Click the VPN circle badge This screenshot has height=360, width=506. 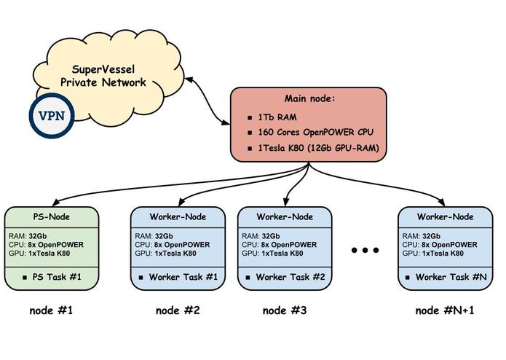pyautogui.click(x=51, y=117)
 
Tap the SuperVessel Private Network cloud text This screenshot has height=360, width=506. pyautogui.click(x=108, y=76)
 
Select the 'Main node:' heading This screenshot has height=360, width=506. pyautogui.click(x=308, y=99)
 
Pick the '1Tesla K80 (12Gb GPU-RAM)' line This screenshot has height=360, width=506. pyautogui.click(x=317, y=149)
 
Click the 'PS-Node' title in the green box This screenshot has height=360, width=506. pyautogui.click(x=51, y=216)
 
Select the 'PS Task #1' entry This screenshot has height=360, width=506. pyautogui.click(x=56, y=277)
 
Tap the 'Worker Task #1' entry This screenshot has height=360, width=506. pyautogui.click(x=183, y=277)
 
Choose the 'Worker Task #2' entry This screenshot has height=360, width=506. pyautogui.click(x=290, y=277)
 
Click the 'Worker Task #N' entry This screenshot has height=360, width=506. pyautogui.click(x=449, y=277)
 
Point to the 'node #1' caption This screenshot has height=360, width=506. pyautogui.click(x=51, y=310)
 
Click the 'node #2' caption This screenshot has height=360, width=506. pyautogui.click(x=178, y=310)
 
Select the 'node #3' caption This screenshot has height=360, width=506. pyautogui.click(x=285, y=310)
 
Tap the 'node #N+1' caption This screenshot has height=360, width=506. pyautogui.click(x=444, y=310)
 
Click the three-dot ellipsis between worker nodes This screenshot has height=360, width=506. pyautogui.click(x=365, y=251)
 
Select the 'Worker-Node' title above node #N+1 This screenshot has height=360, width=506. pyautogui.click(x=444, y=216)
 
